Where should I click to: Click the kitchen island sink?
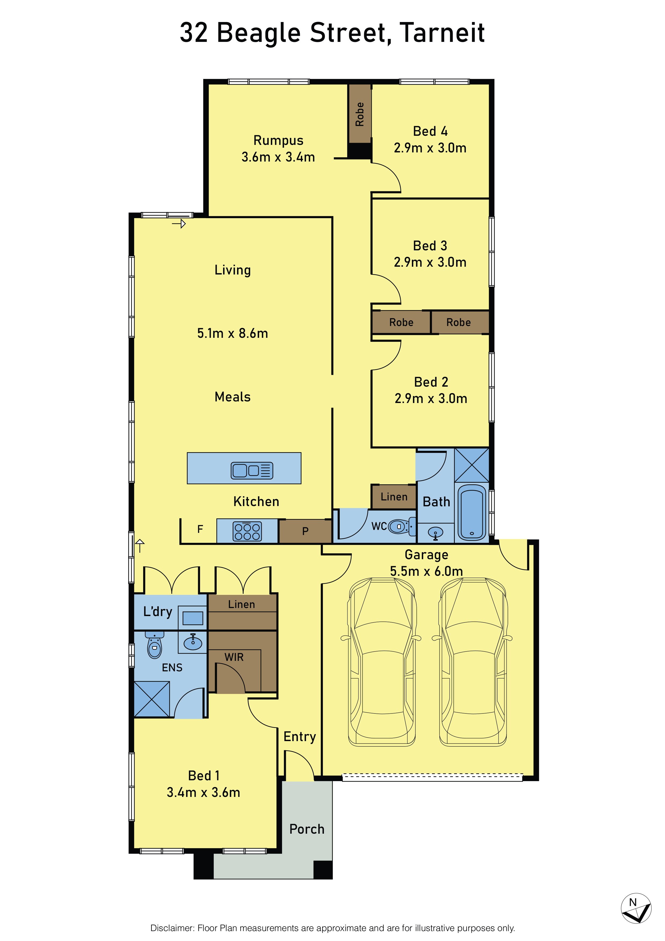coord(252,470)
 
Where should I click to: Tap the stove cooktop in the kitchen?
coord(247,531)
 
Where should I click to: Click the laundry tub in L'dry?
coord(193,618)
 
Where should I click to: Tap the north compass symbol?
coord(636,909)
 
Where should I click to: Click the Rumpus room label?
coord(278,140)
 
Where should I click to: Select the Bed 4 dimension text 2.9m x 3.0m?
coord(430,148)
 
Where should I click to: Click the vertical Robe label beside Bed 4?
coord(360,114)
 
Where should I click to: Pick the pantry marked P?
coord(305,532)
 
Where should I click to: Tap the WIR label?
coord(234,657)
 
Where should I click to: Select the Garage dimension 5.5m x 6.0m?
coord(426,571)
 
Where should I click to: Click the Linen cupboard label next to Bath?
coord(394,497)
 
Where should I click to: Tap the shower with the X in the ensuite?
coord(152,699)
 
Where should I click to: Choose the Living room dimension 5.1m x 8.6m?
coord(232,333)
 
